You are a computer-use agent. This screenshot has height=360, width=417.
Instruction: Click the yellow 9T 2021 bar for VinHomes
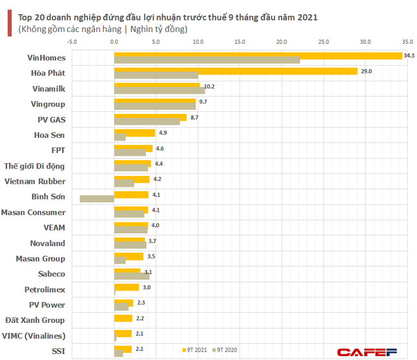pos(257,56)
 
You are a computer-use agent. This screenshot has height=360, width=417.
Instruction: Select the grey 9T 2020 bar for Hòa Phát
pos(156,76)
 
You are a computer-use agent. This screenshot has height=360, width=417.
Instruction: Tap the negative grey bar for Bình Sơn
pos(96,199)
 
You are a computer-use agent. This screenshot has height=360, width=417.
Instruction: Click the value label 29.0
pos(366,71)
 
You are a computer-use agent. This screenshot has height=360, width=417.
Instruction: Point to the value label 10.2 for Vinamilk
pos(209,87)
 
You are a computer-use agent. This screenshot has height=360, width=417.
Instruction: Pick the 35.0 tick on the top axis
pos(407,42)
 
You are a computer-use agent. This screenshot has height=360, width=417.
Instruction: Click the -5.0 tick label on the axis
pos(72,42)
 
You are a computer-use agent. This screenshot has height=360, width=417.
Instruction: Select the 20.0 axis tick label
pos(281,42)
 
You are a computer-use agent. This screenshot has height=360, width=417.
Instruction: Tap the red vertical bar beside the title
pos(8,23)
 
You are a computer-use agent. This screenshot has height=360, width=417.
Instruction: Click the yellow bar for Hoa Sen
pos(134,133)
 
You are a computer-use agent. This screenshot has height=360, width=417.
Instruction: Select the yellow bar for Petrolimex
pos(126,287)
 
